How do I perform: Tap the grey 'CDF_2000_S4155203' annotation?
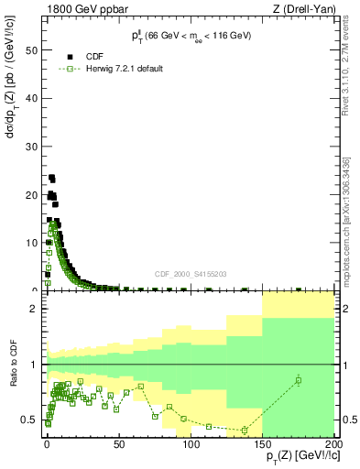[x=191, y=273]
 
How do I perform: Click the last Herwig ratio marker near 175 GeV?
[x=299, y=380]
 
